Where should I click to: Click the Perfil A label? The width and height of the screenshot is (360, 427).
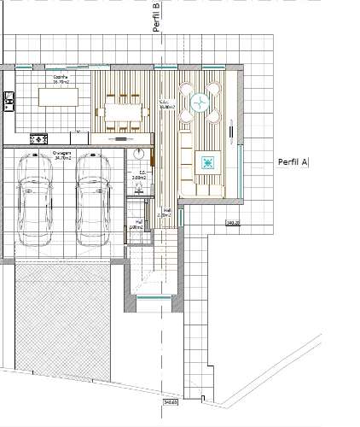pos(293,161)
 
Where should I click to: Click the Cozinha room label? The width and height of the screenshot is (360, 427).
pos(61,79)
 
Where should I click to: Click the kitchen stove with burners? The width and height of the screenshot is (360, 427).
pos(38,138)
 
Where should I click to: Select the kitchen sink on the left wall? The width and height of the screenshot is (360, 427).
pos(8,101)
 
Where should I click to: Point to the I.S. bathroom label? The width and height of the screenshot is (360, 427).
pos(141,175)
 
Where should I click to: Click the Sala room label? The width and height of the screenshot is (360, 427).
pos(165,105)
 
